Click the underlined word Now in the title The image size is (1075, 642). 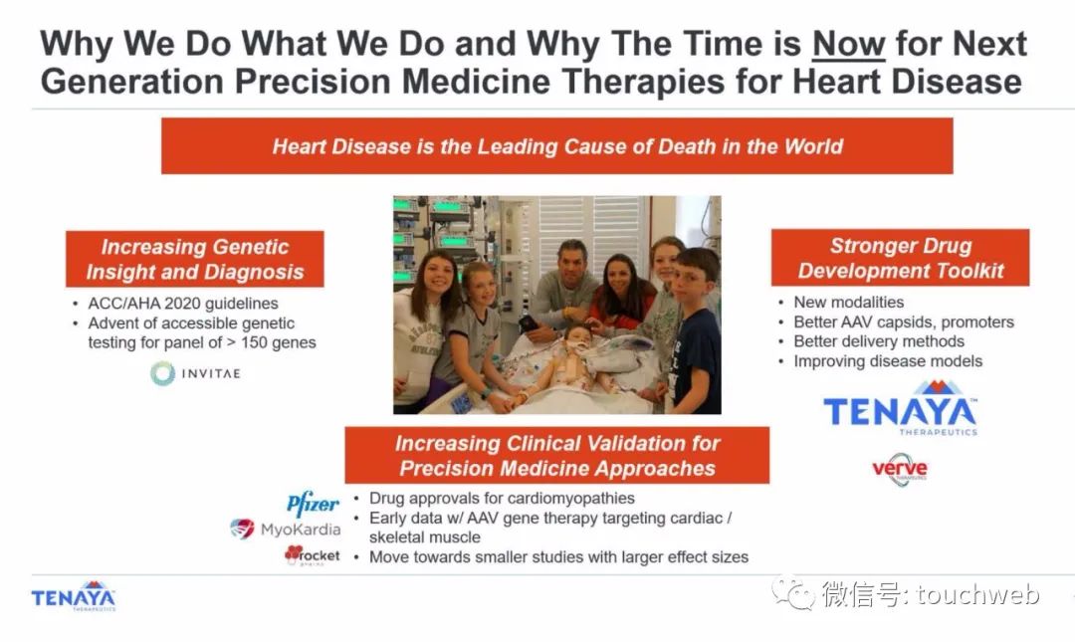(848, 44)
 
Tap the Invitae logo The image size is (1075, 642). (195, 374)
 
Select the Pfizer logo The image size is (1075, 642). (313, 504)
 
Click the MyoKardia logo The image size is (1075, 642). (286, 529)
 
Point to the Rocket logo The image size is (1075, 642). (312, 554)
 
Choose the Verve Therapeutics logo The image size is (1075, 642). (900, 470)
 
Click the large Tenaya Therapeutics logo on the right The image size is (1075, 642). (900, 408)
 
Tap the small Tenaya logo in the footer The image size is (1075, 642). (74, 597)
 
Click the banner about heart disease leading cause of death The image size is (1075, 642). (556, 146)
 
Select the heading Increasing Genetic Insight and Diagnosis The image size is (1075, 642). (195, 259)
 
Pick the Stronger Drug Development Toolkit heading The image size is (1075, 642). (900, 258)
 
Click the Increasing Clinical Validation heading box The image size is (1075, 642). (556, 456)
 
